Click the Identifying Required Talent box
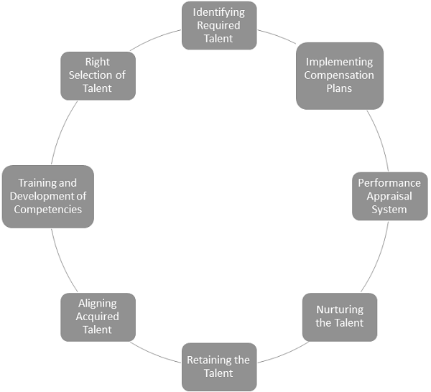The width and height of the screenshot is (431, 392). coord(219,25)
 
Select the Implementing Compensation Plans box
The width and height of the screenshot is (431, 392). coord(339,75)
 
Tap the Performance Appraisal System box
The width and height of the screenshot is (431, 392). coord(389,196)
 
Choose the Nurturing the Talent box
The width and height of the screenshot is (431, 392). coord(340,317)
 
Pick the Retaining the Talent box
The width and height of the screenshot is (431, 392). coord(218,366)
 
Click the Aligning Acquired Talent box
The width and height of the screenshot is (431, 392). coord(98,317)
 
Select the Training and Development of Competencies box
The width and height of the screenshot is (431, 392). coord(47,196)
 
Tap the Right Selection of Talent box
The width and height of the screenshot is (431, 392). coord(98,75)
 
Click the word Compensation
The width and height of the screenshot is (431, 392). coord(339,75)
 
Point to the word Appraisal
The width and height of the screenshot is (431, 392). coord(389,196)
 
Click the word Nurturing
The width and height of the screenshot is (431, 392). coord(340,310)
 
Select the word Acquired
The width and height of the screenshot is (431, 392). coord(98,317)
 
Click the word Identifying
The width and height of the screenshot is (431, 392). coord(219,12)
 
